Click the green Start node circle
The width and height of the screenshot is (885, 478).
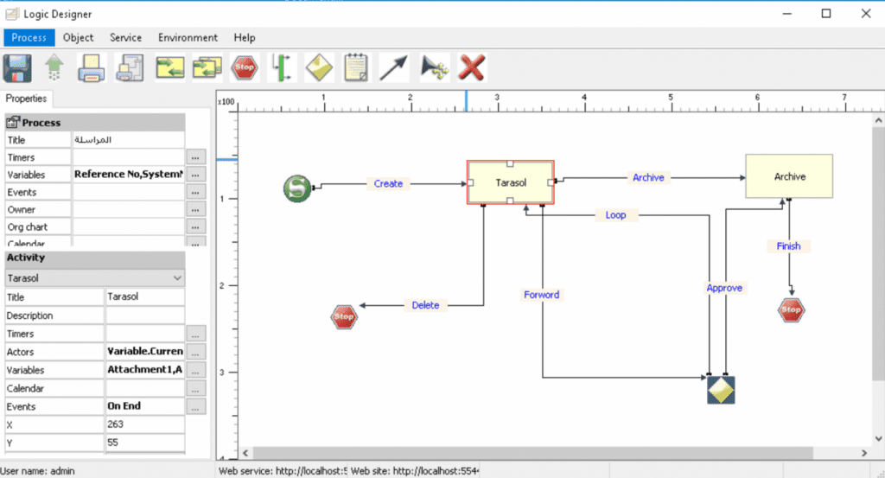297,188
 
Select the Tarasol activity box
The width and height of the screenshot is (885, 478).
510,182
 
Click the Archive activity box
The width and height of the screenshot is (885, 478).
788,176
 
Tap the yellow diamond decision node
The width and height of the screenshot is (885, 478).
720,390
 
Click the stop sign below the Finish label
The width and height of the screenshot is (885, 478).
790,309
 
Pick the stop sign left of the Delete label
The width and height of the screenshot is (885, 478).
344,317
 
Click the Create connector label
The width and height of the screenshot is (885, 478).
388,183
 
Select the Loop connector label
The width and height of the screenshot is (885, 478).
615,215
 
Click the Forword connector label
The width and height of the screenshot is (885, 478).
542,295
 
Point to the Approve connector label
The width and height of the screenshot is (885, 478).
724,288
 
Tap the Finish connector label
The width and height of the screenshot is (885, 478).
788,246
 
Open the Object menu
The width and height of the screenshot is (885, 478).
79,38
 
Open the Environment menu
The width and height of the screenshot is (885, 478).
188,38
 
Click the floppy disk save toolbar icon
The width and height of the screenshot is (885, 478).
18,67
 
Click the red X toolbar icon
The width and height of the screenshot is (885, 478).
471,67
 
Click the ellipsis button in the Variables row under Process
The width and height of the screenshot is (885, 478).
196,175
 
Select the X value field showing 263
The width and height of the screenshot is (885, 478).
143,424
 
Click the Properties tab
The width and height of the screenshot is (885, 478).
26,99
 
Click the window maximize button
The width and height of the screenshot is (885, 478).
826,13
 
